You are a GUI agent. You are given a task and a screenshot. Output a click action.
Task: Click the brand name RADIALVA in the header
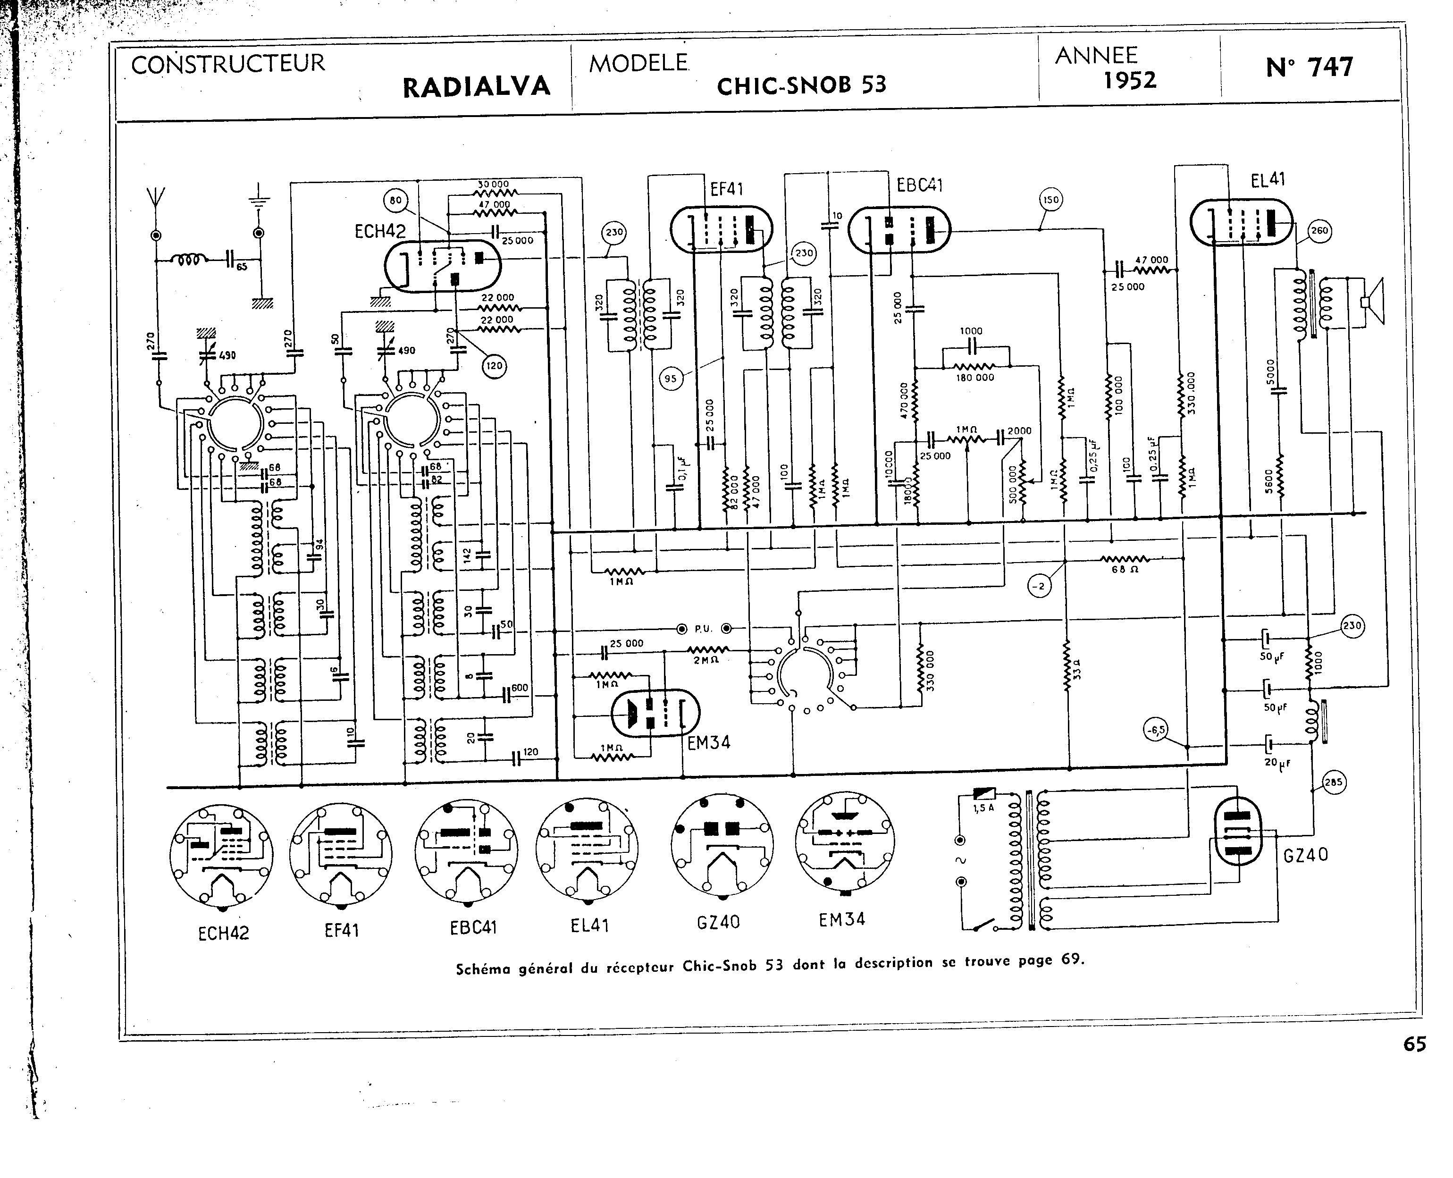(x=476, y=87)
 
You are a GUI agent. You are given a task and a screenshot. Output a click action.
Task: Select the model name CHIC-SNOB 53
(x=801, y=85)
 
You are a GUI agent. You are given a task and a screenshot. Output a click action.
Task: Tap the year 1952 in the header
(x=1129, y=81)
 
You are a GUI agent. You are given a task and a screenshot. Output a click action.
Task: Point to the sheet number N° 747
(x=1309, y=67)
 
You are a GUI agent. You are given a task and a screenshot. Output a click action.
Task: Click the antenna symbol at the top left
(x=155, y=197)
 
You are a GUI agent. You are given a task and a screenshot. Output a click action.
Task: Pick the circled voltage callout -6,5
(x=1155, y=730)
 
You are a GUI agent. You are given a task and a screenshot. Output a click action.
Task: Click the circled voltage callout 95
(x=670, y=379)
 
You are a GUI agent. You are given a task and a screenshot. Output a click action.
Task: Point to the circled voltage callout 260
(x=1319, y=231)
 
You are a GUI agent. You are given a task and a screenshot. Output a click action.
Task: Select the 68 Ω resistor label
(x=1124, y=569)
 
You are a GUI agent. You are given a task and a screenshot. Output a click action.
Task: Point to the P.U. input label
(x=702, y=629)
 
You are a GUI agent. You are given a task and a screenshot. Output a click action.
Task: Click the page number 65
(x=1414, y=1063)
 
